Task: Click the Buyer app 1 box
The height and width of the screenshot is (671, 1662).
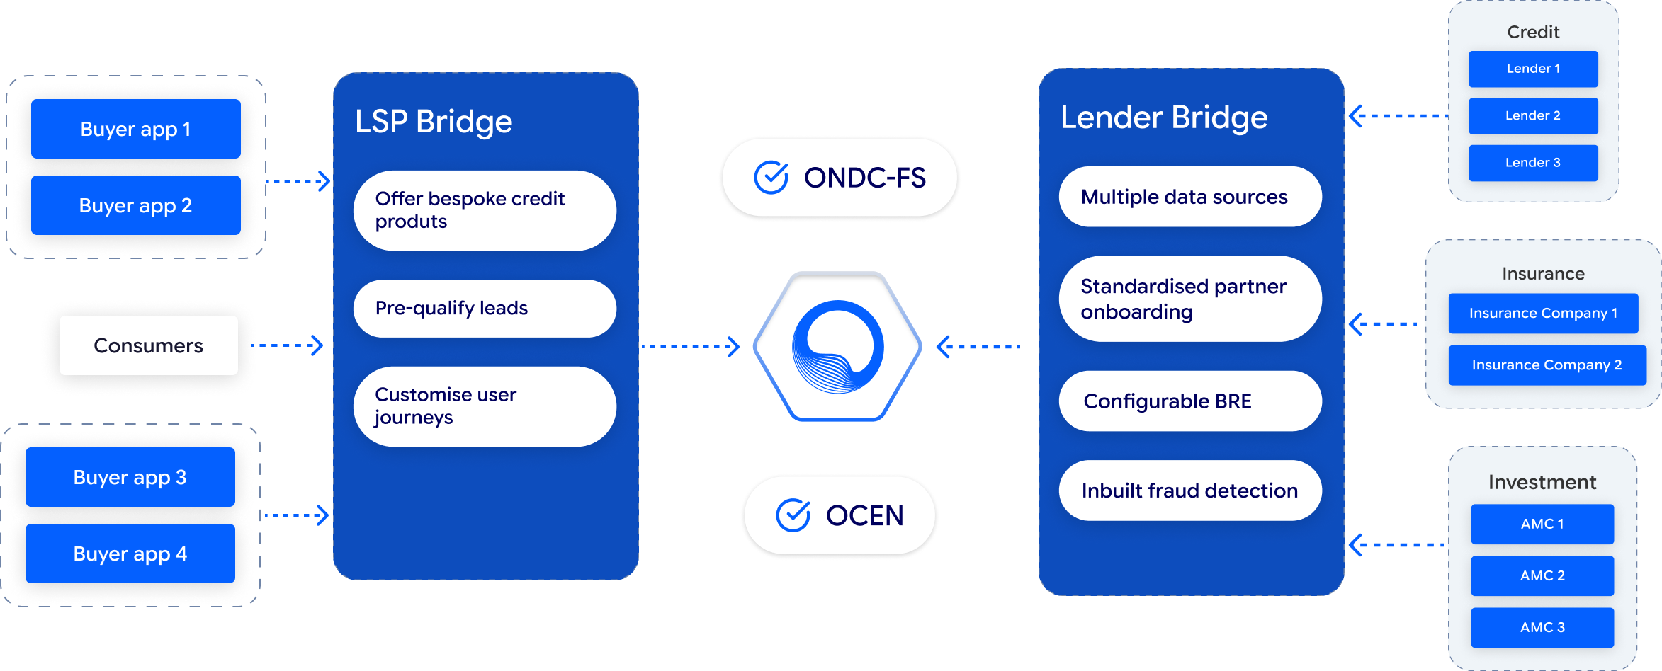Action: click(135, 129)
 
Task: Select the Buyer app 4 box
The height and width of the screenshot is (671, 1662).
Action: click(130, 554)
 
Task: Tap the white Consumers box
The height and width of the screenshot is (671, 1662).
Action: click(148, 345)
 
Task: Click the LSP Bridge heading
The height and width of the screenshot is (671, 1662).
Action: click(434, 122)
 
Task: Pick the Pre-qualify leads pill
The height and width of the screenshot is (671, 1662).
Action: click(485, 309)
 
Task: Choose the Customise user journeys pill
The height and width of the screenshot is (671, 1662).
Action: click(485, 406)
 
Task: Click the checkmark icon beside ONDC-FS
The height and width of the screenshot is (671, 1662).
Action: click(771, 178)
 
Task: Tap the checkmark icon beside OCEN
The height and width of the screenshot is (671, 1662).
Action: click(793, 515)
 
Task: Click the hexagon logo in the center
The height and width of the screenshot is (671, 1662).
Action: click(837, 347)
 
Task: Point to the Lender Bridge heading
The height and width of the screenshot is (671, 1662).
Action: click(1164, 117)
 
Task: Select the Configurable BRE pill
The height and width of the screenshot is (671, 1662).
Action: click(1190, 401)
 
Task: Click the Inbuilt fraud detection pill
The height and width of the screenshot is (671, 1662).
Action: click(1190, 491)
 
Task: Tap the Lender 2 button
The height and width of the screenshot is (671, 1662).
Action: click(1533, 115)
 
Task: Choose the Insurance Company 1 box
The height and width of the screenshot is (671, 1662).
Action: click(1543, 313)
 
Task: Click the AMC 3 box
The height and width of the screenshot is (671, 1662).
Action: click(1542, 627)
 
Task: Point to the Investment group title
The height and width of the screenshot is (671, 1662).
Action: click(1542, 482)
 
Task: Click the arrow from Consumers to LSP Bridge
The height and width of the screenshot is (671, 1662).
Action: click(288, 345)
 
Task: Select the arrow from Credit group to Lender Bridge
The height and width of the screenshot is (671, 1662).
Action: click(1397, 116)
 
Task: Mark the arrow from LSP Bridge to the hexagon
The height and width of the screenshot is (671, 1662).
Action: click(690, 347)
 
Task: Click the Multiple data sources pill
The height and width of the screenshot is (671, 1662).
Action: click(1190, 197)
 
